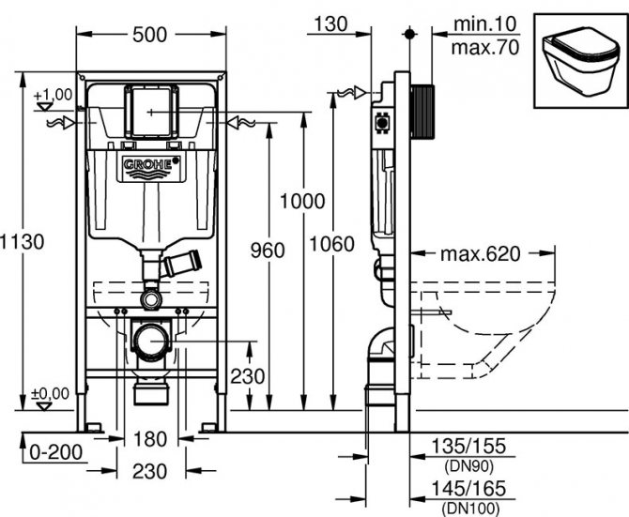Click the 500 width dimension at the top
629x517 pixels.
(x=149, y=35)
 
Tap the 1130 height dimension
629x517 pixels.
(x=23, y=242)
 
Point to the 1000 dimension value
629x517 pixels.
(x=302, y=201)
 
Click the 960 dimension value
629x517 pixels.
(x=268, y=251)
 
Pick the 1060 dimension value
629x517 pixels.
(x=331, y=244)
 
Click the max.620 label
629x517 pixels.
(x=480, y=253)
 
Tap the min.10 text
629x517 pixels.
(x=484, y=24)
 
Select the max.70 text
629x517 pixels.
(x=485, y=47)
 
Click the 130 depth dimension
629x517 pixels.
(x=330, y=24)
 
